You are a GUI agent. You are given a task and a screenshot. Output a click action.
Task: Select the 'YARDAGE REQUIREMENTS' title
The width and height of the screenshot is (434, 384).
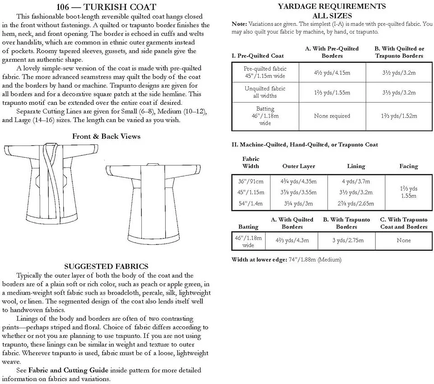click(x=332, y=6)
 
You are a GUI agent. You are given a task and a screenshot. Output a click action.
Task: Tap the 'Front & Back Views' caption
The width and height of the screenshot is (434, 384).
click(x=106, y=136)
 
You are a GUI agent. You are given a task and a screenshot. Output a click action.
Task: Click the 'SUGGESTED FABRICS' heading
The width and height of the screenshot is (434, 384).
click(x=106, y=267)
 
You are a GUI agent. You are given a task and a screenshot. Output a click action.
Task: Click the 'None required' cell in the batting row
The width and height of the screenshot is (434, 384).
click(x=332, y=116)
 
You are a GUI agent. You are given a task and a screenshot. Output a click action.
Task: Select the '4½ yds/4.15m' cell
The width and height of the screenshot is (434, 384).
click(x=332, y=72)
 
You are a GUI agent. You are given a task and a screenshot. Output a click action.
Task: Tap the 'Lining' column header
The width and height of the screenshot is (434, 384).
click(x=356, y=166)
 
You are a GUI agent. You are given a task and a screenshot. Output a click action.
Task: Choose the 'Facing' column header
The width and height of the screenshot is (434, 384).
click(x=408, y=166)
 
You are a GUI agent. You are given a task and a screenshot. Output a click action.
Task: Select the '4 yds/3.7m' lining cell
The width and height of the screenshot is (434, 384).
click(x=356, y=181)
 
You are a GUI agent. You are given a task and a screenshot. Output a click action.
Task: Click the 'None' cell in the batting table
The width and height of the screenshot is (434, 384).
click(x=404, y=240)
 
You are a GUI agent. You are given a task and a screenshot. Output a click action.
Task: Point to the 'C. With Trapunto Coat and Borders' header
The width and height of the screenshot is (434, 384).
click(x=404, y=223)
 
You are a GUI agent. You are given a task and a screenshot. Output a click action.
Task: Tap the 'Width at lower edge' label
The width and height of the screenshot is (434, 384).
click(x=259, y=260)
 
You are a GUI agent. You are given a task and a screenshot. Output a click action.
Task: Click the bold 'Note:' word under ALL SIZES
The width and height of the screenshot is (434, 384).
click(x=239, y=23)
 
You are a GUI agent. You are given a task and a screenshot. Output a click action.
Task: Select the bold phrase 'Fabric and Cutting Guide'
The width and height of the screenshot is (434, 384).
click(x=68, y=370)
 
